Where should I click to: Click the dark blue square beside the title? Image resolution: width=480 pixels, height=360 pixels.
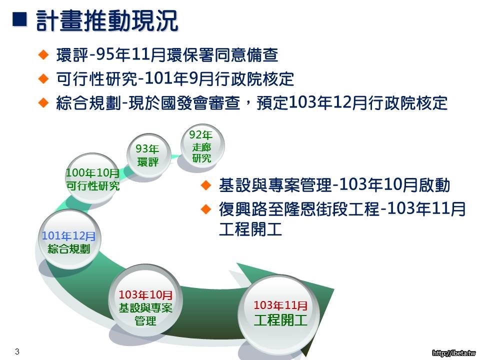[x=19, y=19]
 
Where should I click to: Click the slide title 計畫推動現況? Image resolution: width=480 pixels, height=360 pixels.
[x=107, y=20]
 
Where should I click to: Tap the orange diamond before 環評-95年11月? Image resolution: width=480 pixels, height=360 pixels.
[x=43, y=54]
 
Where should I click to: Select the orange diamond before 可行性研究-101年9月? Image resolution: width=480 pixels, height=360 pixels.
[x=43, y=78]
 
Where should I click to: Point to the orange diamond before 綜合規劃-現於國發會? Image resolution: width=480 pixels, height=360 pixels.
[x=43, y=102]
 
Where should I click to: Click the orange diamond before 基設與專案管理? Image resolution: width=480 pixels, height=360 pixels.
[x=205, y=185]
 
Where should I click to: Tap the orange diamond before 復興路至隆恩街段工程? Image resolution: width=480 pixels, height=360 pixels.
[x=205, y=209]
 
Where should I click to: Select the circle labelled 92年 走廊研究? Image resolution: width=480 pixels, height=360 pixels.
[x=202, y=145]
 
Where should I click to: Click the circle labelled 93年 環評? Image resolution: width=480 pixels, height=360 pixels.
[x=148, y=155]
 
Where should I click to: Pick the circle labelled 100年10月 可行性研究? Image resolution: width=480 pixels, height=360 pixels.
[x=93, y=178]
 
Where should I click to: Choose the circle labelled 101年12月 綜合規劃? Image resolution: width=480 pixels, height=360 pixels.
[x=68, y=240]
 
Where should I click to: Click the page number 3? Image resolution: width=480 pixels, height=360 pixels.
[x=17, y=351]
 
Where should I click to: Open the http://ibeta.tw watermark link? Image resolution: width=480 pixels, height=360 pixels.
[x=454, y=353]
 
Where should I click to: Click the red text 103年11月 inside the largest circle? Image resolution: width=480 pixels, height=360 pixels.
[x=280, y=305]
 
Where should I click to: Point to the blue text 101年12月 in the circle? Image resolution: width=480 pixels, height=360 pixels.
[x=68, y=235]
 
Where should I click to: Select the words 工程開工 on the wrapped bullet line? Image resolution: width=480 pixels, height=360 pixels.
[x=250, y=229]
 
